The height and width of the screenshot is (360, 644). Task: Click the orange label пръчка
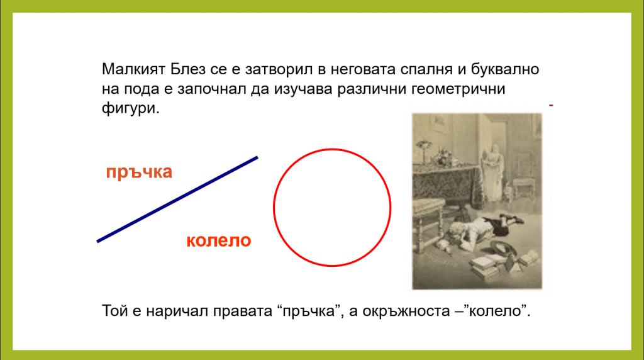coord(139,172)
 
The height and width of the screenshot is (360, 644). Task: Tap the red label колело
coord(218,240)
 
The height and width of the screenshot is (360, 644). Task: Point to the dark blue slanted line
coord(177,200)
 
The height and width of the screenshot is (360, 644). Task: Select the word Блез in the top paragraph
coord(187,69)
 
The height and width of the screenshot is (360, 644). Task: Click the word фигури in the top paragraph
coord(130,108)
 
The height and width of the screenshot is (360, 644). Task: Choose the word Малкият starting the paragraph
coord(133,69)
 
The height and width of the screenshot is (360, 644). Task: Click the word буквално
coord(505,70)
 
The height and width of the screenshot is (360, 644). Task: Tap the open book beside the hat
coord(528,257)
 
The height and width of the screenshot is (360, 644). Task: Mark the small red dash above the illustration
coord(551,106)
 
